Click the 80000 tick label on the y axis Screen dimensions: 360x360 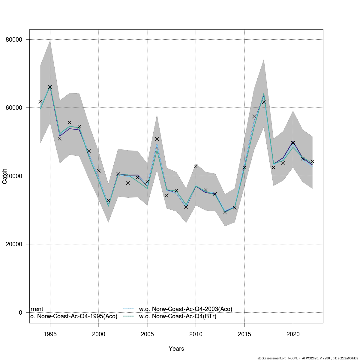(14, 40)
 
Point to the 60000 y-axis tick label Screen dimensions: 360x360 (14, 108)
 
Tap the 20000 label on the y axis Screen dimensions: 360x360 (14, 244)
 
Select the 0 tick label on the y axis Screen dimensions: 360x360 (20, 313)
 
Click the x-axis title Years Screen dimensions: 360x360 (176, 349)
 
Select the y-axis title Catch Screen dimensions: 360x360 (4, 176)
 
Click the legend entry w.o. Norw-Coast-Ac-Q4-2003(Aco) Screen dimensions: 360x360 (185, 309)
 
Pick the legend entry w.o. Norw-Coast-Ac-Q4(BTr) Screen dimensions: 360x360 (178, 316)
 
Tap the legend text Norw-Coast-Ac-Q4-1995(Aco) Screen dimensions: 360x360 (74, 316)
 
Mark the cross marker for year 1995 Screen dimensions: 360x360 (50, 87)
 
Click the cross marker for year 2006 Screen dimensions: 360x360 (157, 139)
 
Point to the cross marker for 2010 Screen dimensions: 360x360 (196, 166)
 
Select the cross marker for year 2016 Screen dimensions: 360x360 (254, 116)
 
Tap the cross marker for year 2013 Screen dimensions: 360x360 (225, 212)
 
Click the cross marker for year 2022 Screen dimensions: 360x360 (312, 161)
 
